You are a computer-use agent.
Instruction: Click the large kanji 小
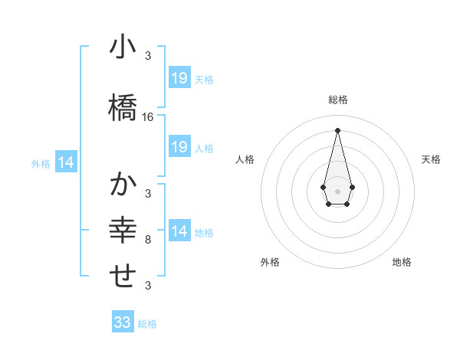[122, 47]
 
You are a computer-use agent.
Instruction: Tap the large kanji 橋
[122, 107]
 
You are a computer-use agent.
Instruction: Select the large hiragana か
[122, 185]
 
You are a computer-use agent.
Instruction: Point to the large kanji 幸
[122, 230]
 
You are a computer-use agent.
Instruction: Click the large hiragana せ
[122, 276]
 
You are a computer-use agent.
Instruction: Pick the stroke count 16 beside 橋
[148, 117]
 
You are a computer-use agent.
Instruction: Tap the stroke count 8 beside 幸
[148, 240]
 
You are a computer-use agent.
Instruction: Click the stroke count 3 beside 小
[148, 56]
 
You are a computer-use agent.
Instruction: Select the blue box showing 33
[123, 322]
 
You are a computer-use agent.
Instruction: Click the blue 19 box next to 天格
[179, 77]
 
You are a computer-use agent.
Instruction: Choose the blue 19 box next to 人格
[179, 147]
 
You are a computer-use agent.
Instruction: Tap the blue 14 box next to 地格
[179, 231]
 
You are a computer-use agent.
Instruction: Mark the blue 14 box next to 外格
[66, 162]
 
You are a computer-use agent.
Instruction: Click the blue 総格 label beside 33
[147, 324]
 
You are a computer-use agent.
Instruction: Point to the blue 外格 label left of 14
[41, 163]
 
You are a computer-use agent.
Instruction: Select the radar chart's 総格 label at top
[337, 100]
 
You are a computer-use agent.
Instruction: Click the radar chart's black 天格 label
[431, 159]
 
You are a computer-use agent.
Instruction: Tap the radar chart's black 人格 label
[245, 159]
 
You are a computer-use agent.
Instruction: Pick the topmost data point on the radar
[337, 129]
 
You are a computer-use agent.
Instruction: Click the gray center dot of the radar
[337, 190]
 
